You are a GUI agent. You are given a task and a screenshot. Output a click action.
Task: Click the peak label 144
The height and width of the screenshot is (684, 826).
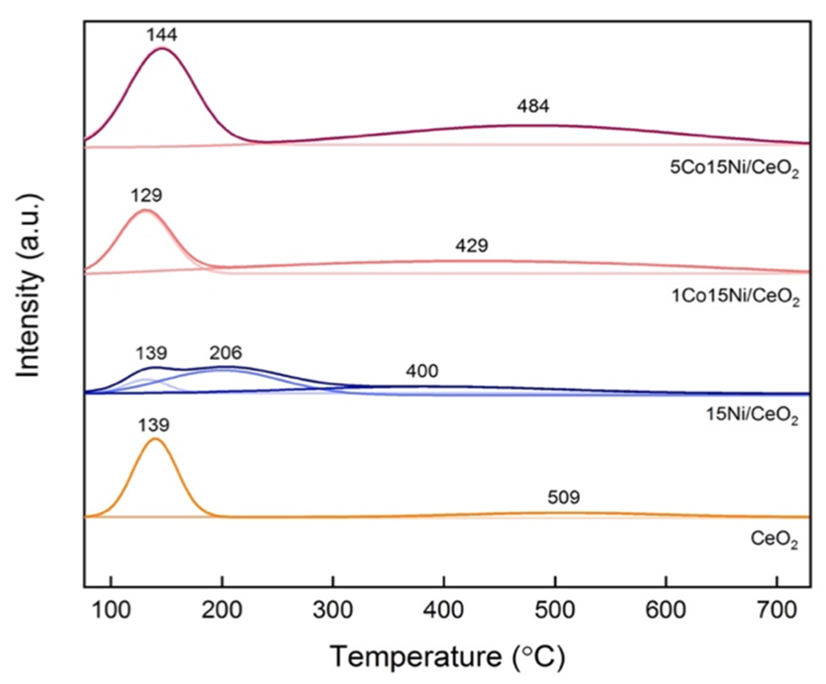point(162,35)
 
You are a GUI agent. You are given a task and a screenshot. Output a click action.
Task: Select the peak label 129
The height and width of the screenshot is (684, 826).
point(146,195)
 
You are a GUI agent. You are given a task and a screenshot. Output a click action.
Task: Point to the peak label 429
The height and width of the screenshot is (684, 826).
point(472,246)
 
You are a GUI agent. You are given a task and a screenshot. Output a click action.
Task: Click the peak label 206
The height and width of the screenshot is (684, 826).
point(225,353)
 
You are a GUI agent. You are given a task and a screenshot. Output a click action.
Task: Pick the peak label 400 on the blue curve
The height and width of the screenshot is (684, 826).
point(422,371)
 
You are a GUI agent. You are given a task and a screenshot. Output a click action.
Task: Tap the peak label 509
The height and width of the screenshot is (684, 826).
point(563,498)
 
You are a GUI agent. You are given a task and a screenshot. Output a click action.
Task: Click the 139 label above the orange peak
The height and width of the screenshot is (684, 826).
point(153,425)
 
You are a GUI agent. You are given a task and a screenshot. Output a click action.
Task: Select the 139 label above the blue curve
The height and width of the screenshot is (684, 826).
point(151,353)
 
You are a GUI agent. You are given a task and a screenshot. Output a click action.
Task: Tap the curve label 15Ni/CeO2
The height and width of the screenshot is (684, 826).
point(752,415)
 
